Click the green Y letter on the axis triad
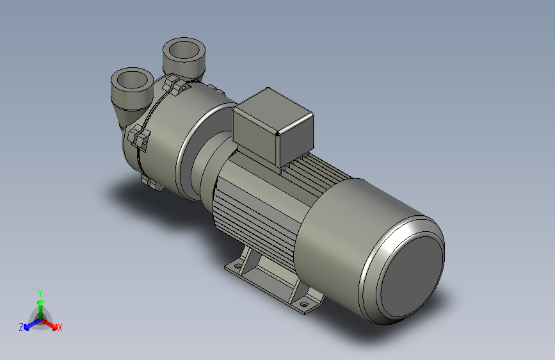[40, 292]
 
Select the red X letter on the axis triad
[60, 328]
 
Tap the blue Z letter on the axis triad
[21, 327]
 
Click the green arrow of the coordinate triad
[40, 305]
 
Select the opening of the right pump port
[184, 49]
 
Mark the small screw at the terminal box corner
[277, 135]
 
